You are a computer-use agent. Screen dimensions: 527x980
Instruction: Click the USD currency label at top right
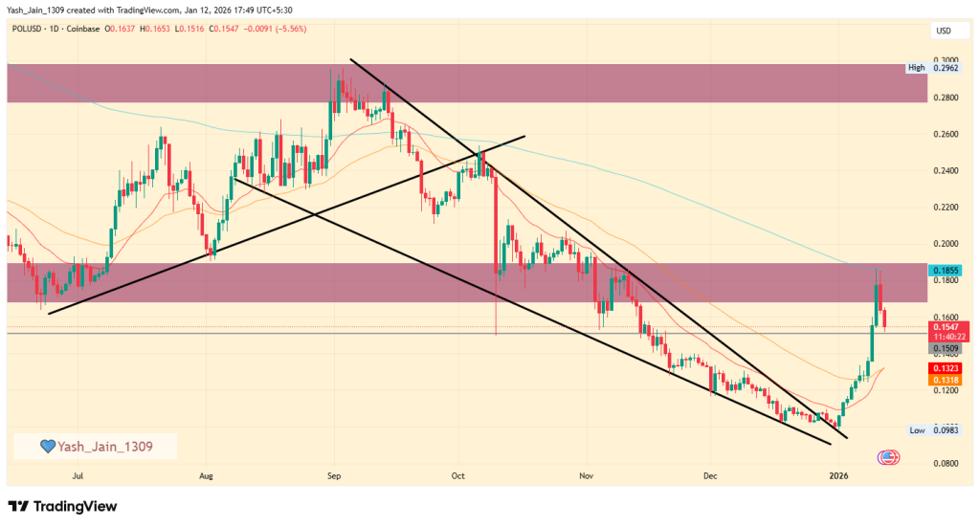pyautogui.click(x=943, y=32)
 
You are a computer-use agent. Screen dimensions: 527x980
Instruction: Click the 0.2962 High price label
pyautogui.click(x=942, y=69)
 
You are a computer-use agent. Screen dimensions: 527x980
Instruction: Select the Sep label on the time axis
pyautogui.click(x=334, y=474)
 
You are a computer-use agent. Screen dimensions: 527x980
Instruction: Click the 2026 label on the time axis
pyautogui.click(x=838, y=474)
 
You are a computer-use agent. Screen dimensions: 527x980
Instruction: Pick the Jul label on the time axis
pyautogui.click(x=78, y=474)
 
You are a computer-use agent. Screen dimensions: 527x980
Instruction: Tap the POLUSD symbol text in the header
pyautogui.click(x=31, y=30)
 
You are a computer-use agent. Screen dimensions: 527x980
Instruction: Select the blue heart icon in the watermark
pyautogui.click(x=46, y=447)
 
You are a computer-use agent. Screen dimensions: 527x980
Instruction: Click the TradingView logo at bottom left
pyautogui.click(x=62, y=506)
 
